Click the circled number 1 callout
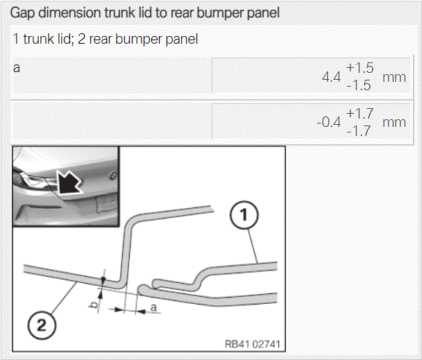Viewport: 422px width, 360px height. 244,215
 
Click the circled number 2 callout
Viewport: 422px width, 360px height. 42,325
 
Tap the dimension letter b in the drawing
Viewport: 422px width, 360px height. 94,305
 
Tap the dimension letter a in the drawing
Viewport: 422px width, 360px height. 153,307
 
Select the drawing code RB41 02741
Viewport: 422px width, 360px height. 252,344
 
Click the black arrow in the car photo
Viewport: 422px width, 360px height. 69,182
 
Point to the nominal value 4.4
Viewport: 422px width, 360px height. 331,77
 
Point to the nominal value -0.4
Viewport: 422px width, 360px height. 328,122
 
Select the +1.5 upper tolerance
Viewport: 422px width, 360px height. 360,68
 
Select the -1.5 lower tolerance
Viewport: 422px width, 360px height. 359,85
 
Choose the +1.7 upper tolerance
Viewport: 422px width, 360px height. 360,114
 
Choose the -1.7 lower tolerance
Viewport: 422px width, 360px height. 359,131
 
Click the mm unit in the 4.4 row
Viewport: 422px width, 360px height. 394,78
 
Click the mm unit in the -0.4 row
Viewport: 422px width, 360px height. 394,123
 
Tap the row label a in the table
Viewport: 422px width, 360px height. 17,68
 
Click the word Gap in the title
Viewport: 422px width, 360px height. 22,13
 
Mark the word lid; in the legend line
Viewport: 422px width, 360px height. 65,39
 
